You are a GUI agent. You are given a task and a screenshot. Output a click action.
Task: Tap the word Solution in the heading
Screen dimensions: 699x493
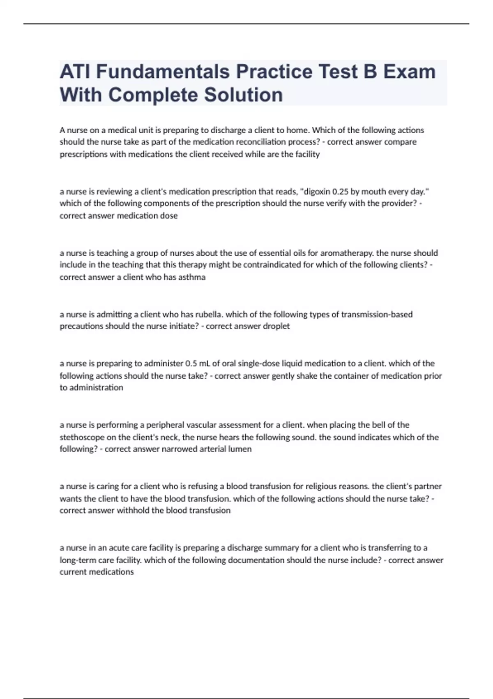click(x=243, y=95)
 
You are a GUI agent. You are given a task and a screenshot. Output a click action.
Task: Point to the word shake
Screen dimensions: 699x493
click(x=306, y=376)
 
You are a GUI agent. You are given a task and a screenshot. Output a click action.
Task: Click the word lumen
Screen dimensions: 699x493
click(x=240, y=449)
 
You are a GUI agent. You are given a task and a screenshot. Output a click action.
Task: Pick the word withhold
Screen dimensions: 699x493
click(x=133, y=511)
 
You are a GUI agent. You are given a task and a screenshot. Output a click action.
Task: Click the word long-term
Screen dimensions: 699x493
click(x=79, y=560)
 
